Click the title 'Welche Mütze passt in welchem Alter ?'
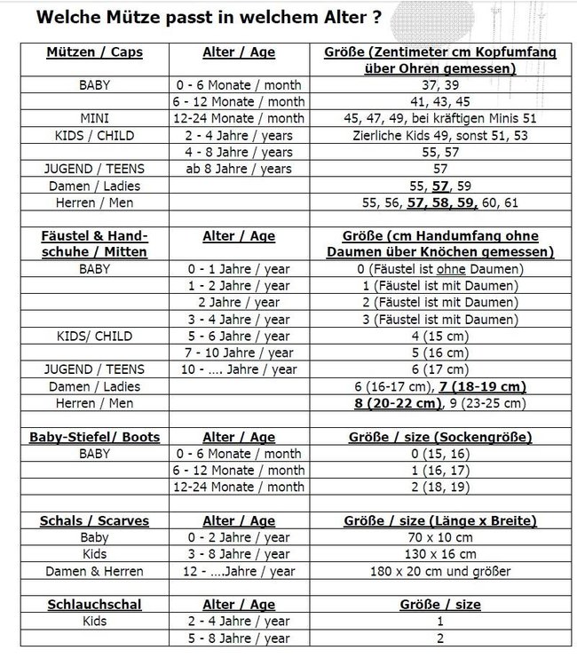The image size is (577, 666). pos(209,17)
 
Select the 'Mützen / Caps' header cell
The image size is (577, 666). pos(94,52)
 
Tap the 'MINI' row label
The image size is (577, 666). pos(94,118)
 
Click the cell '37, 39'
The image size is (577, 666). pos(440,85)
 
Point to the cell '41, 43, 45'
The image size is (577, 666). pos(440,102)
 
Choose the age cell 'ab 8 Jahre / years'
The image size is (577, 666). pos(239,169)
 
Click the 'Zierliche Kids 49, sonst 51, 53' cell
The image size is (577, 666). pos(440,135)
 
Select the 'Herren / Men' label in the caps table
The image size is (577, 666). pos(94,202)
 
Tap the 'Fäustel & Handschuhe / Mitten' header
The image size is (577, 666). pos(94,244)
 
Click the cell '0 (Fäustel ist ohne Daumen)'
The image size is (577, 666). pos(440,269)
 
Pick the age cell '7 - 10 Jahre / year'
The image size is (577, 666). pos(239,353)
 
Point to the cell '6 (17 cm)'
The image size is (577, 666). pos(440,369)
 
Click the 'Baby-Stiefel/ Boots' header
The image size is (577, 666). pos(94,437)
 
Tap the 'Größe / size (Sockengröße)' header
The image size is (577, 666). pos(440,437)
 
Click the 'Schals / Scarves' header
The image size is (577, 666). pos(94,521)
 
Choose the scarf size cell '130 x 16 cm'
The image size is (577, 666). pos(440,554)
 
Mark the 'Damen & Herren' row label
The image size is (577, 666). pos(94,571)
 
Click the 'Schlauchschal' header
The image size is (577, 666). pos(94,605)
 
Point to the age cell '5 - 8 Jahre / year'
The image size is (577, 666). pos(239,638)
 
